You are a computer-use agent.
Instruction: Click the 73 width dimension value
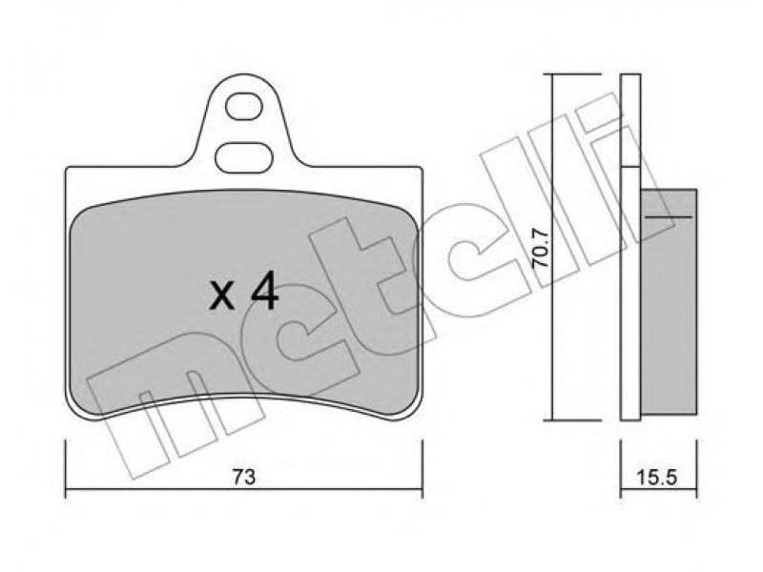(243, 478)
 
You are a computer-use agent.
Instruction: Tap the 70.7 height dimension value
(541, 248)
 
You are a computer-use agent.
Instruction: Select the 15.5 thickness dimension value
(656, 478)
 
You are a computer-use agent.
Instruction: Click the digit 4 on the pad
(264, 294)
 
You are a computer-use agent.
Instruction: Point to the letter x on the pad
(221, 297)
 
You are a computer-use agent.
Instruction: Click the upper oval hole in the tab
(245, 107)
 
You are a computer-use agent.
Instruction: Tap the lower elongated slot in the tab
(244, 157)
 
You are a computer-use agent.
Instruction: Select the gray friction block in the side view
(669, 300)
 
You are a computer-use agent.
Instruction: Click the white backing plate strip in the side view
(630, 247)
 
